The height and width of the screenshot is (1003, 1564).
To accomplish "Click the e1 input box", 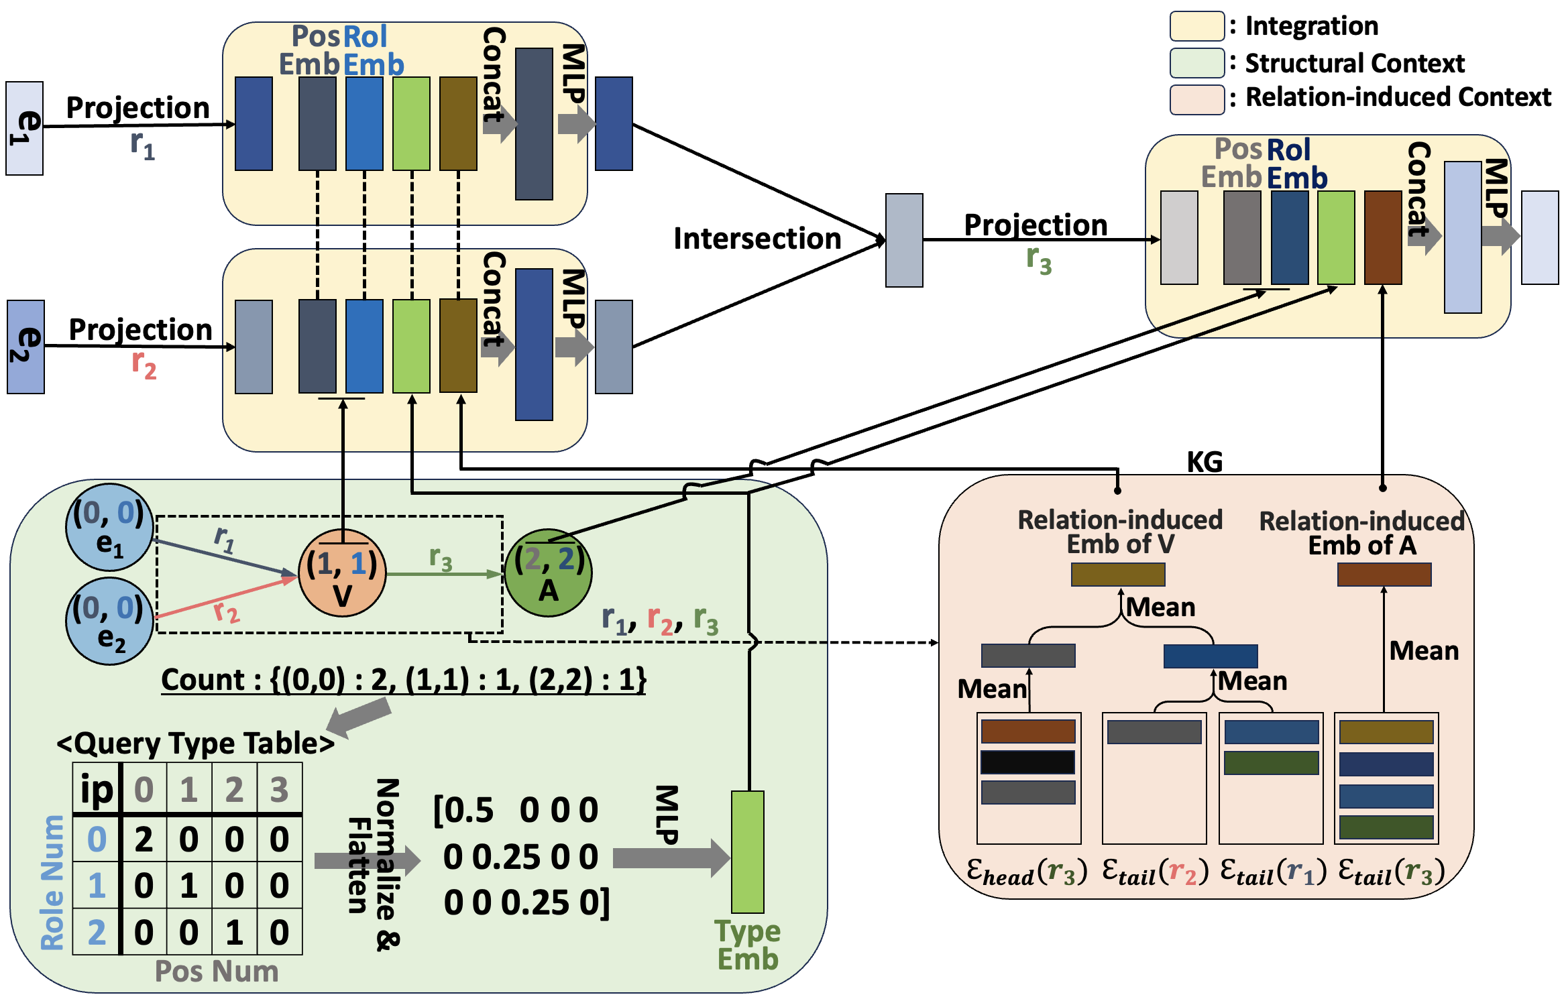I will tap(25, 128).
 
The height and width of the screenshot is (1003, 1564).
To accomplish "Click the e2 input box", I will tap(25, 347).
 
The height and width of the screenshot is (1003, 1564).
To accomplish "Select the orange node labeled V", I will tap(342, 574).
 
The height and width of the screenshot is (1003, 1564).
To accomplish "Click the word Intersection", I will tap(757, 239).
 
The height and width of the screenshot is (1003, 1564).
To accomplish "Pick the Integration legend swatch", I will tap(1196, 26).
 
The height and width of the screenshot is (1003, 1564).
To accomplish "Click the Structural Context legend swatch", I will tap(1196, 63).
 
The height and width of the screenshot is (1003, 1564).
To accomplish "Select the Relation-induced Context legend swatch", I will tap(1196, 99).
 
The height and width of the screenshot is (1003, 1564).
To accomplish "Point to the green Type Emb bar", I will tap(747, 851).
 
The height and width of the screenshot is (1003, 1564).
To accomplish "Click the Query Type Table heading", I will tap(195, 744).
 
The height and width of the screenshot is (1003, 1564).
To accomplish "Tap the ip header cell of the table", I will tap(97, 789).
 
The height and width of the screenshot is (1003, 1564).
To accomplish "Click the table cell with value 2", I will tap(144, 839).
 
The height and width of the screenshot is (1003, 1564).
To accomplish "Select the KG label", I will tap(1205, 462).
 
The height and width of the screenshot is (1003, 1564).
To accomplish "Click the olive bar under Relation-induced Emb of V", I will tap(1118, 575).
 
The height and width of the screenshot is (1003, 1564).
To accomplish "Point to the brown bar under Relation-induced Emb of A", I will tap(1384, 575).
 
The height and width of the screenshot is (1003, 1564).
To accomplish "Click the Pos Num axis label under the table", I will tap(217, 971).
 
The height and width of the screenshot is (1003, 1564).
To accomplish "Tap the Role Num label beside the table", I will tap(52, 882).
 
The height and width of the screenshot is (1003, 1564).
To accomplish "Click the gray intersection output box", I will tap(904, 240).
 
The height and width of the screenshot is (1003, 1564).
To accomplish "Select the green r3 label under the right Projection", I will tap(1039, 261).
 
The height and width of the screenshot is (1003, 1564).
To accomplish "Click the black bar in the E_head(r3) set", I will tap(1027, 762).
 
